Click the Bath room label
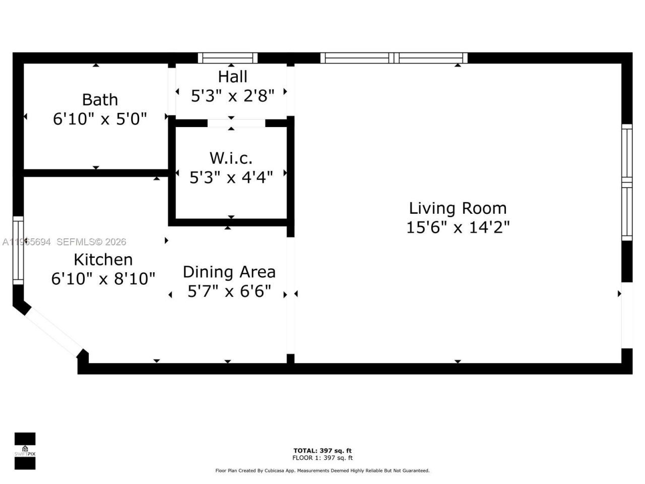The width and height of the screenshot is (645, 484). [100, 100]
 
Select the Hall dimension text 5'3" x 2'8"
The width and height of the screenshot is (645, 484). [232, 96]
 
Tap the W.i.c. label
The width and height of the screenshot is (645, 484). [231, 158]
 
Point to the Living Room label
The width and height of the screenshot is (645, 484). [458, 208]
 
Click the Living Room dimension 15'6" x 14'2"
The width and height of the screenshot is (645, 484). [458, 227]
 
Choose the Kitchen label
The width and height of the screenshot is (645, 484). [103, 260]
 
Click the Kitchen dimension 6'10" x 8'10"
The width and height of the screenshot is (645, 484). [103, 279]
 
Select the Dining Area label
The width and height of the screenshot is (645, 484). [229, 272]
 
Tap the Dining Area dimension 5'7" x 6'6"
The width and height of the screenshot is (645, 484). [229, 291]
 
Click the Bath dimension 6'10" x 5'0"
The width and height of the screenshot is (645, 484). [100, 119]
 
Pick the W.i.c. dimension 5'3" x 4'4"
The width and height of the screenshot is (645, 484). [231, 177]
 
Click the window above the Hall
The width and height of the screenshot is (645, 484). [227, 58]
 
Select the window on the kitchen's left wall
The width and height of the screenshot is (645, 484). [18, 250]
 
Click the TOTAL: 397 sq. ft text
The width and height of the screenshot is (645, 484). [322, 451]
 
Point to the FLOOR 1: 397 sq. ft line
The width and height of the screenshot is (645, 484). [322, 458]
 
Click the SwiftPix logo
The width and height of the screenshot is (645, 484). [25, 451]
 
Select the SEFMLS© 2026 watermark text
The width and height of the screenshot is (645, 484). [91, 242]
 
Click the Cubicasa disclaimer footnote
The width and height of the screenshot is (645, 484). [322, 471]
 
